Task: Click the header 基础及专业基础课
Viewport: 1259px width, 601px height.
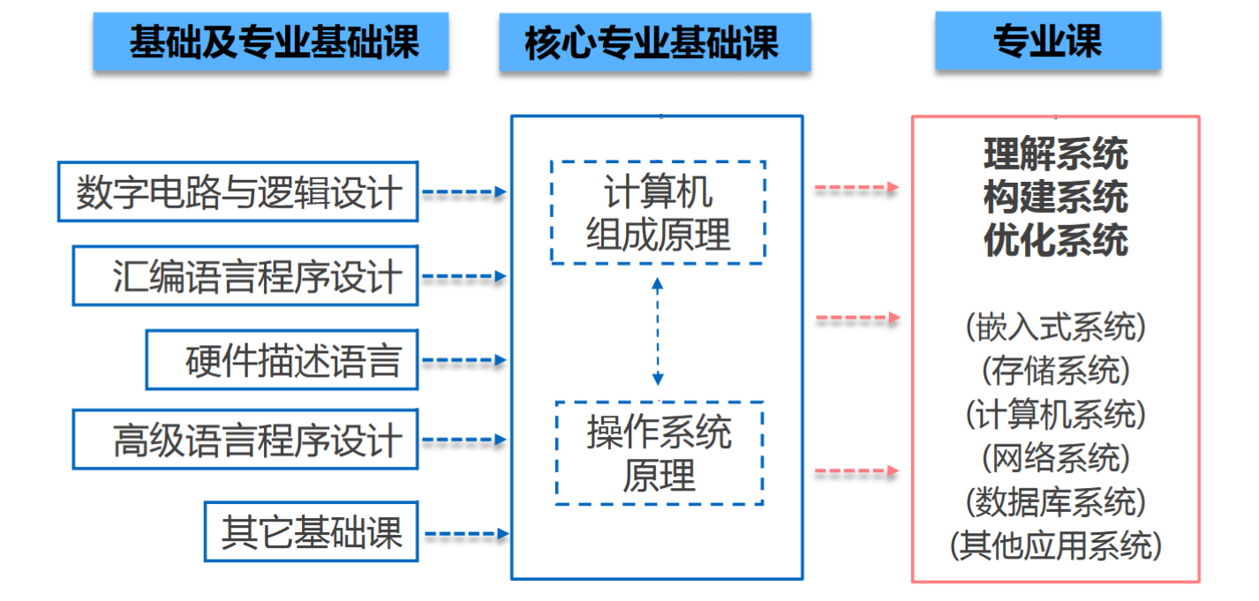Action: pos(271,42)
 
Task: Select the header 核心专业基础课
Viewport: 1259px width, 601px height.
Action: pos(654,42)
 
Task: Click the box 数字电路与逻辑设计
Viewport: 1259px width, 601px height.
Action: pos(237,192)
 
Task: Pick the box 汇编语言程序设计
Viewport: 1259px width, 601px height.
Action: pos(245,276)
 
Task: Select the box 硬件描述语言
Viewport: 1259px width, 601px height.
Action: pos(282,360)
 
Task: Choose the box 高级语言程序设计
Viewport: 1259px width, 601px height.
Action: pos(245,439)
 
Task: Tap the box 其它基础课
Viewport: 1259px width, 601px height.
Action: pos(311,532)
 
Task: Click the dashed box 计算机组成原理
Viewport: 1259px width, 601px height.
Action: pos(658,213)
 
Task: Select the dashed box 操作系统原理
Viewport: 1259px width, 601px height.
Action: pos(659,454)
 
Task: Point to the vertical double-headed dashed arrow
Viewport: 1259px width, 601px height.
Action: pos(657,332)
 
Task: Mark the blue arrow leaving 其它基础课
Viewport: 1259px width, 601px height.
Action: pos(466,534)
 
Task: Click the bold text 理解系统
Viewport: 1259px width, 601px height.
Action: pos(1055,154)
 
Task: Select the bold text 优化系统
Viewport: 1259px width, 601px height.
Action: pos(1055,239)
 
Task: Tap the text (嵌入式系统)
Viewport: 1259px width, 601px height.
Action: pos(1055,327)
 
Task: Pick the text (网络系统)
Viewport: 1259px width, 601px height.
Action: pos(1055,458)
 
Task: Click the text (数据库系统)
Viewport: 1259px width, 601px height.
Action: pos(1055,502)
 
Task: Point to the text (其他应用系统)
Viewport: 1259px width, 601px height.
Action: pos(1055,545)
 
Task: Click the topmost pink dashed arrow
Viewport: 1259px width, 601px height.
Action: pos(856,187)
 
